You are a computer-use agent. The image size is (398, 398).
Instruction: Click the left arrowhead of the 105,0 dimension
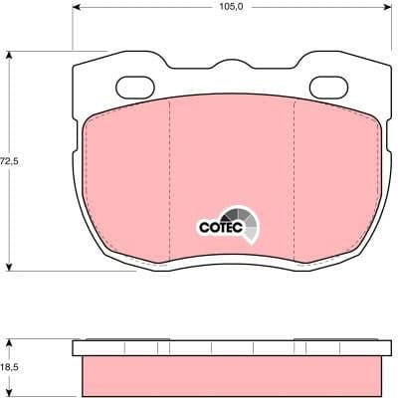tap(78, 15)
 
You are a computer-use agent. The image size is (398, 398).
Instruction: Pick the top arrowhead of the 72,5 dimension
tap(11, 56)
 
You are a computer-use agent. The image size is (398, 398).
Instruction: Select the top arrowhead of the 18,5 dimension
tap(11, 342)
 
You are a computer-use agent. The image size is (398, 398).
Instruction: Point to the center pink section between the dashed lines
tap(232, 169)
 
